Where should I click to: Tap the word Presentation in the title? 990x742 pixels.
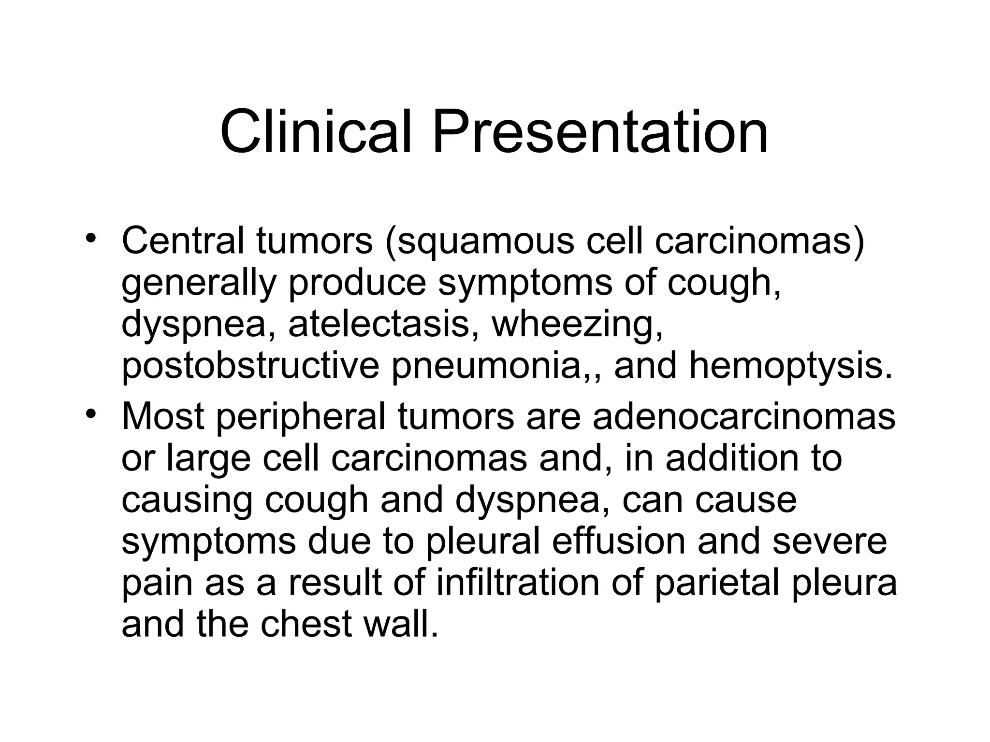click(x=600, y=131)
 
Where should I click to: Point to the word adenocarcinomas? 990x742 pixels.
click(x=744, y=416)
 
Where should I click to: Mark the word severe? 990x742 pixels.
click(x=830, y=541)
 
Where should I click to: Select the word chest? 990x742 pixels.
click(x=306, y=624)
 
